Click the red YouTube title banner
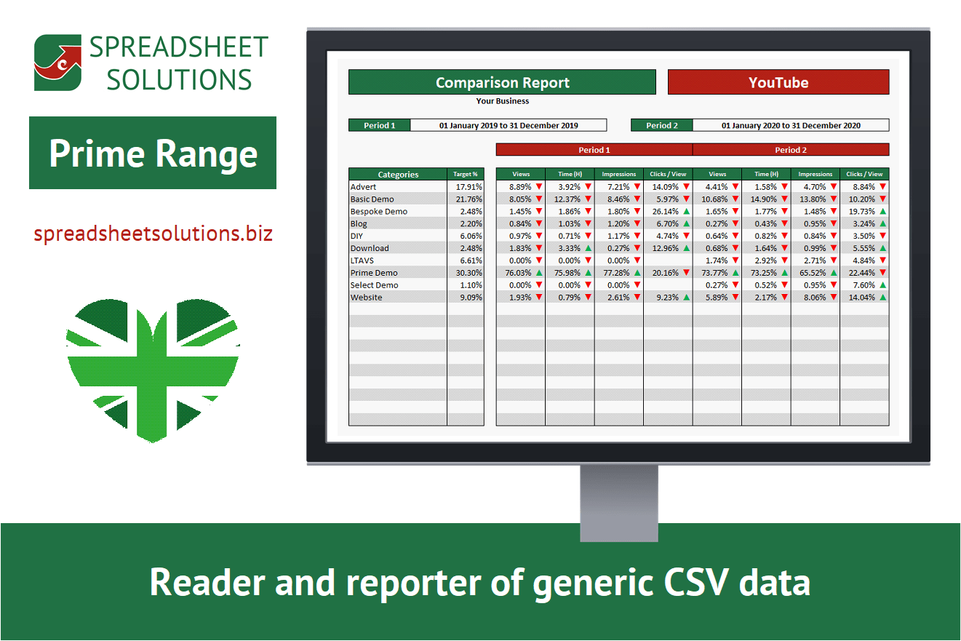(x=778, y=82)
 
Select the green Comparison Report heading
(x=503, y=82)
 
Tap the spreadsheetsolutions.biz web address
(x=153, y=234)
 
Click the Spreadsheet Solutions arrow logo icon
(x=58, y=63)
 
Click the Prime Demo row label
(x=374, y=273)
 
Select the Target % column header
(x=466, y=174)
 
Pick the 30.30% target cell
(x=469, y=273)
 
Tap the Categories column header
(x=398, y=174)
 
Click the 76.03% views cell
(x=518, y=273)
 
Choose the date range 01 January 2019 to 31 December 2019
(x=509, y=125)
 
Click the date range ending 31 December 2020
(x=791, y=125)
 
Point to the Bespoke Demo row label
(x=379, y=212)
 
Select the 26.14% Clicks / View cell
(x=666, y=212)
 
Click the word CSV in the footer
(x=696, y=582)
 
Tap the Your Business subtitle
(x=503, y=101)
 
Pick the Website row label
(x=366, y=298)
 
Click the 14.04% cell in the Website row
(x=861, y=298)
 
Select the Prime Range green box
(x=153, y=153)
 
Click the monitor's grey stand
(x=618, y=503)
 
